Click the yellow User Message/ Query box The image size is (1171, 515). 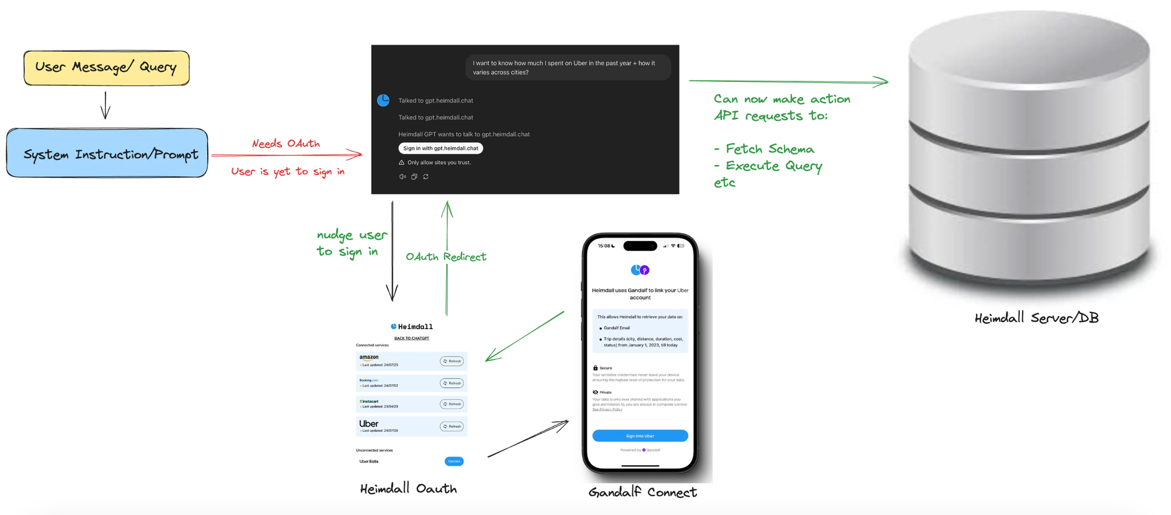click(107, 68)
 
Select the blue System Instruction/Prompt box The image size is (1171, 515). click(107, 153)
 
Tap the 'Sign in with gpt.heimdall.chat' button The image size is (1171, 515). click(440, 148)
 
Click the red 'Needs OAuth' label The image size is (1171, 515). click(286, 143)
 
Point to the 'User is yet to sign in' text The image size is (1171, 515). click(287, 171)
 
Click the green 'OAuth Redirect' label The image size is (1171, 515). click(446, 257)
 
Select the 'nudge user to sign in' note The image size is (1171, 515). click(351, 243)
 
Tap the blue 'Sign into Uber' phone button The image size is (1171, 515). click(640, 436)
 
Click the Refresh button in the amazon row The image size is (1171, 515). click(452, 361)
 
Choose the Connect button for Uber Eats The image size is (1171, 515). click(454, 461)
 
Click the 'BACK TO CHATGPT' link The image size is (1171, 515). click(412, 338)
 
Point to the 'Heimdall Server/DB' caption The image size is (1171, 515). click(1036, 318)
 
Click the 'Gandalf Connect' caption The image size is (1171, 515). click(642, 492)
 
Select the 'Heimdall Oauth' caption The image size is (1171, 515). click(408, 489)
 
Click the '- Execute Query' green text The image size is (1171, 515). click(768, 166)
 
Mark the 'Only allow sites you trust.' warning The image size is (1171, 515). click(439, 163)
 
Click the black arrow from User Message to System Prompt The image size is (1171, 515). click(105, 105)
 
